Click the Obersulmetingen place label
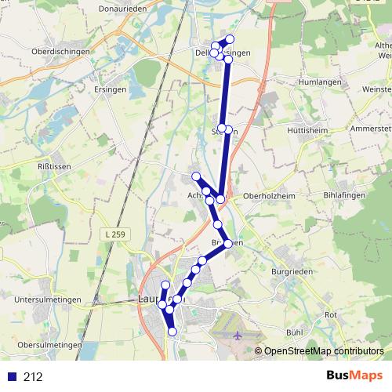(50, 345)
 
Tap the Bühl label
(295, 332)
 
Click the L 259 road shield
(114, 234)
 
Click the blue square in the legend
(12, 377)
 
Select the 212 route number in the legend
(33, 377)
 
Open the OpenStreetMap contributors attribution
(323, 352)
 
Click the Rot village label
(331, 314)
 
